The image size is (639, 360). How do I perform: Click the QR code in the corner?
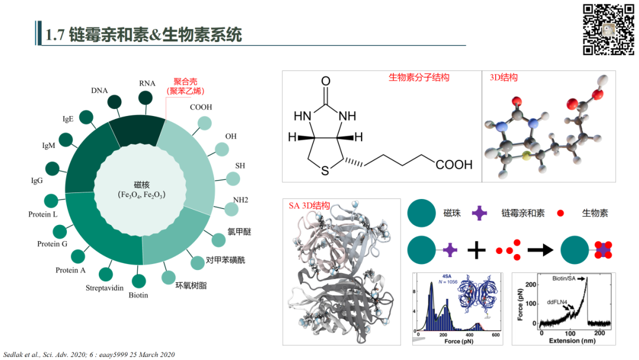point(609,30)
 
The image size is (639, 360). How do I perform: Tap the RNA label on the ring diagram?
point(147,83)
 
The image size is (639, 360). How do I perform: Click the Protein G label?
point(53,244)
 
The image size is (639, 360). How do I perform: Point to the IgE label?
point(68,119)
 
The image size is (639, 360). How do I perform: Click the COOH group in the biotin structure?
point(454,164)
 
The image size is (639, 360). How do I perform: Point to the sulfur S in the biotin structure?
point(325,172)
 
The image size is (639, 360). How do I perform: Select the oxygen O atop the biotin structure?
point(325,81)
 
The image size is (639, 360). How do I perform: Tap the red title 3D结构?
point(504,78)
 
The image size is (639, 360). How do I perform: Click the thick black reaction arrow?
point(537,250)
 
